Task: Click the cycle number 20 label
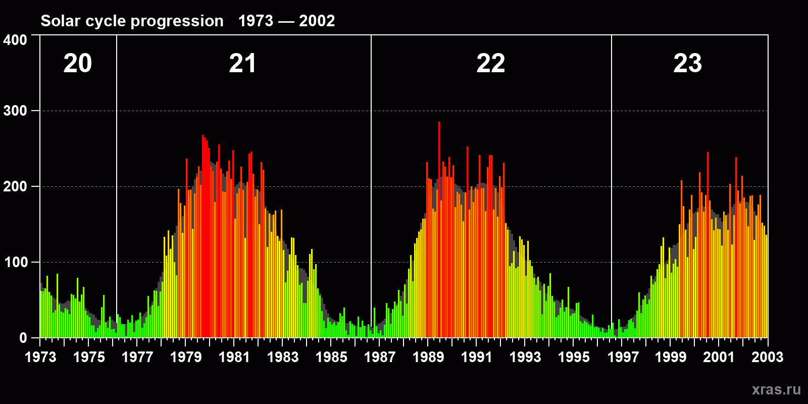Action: click(78, 64)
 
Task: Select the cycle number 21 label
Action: click(243, 64)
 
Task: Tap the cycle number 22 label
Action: click(491, 64)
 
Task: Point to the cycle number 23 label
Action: click(688, 64)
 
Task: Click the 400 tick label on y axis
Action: click(15, 40)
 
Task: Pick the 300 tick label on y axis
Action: click(15, 111)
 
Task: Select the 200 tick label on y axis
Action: click(15, 186)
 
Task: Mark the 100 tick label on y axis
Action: click(15, 262)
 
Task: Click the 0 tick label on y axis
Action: click(23, 338)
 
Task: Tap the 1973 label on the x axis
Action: click(40, 357)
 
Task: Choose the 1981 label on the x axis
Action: click(234, 357)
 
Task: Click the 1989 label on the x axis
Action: click(428, 357)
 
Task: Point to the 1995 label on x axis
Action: click(574, 357)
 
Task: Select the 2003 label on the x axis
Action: click(767, 357)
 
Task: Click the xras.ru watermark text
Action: click(776, 389)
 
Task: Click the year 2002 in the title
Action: click(317, 21)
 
